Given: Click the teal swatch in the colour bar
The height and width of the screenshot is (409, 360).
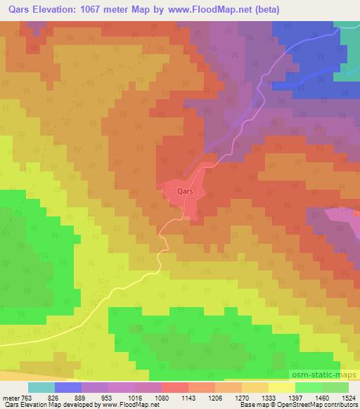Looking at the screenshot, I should click(41, 388).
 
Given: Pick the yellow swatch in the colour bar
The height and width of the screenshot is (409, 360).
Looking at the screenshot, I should click(282, 388).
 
